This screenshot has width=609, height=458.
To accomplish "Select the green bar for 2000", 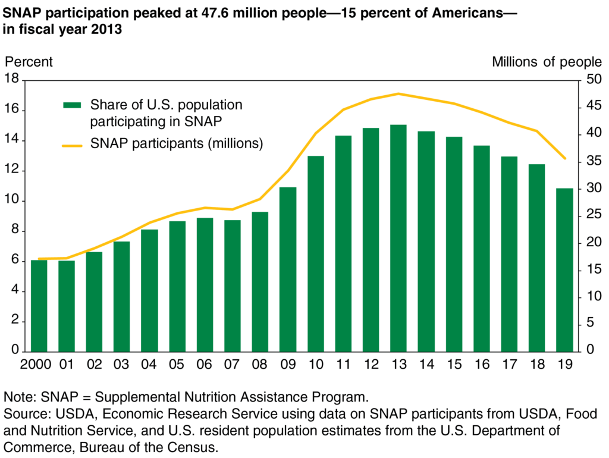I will click(39, 306).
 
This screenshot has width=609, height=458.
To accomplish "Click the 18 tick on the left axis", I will click(11, 80).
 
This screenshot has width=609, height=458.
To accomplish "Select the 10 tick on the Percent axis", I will click(11, 201).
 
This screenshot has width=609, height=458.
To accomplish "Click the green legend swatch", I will click(72, 105).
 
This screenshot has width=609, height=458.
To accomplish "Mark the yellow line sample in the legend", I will click(72, 144).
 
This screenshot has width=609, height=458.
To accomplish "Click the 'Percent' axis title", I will click(29, 61).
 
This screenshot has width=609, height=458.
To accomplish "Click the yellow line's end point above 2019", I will click(564, 159).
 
